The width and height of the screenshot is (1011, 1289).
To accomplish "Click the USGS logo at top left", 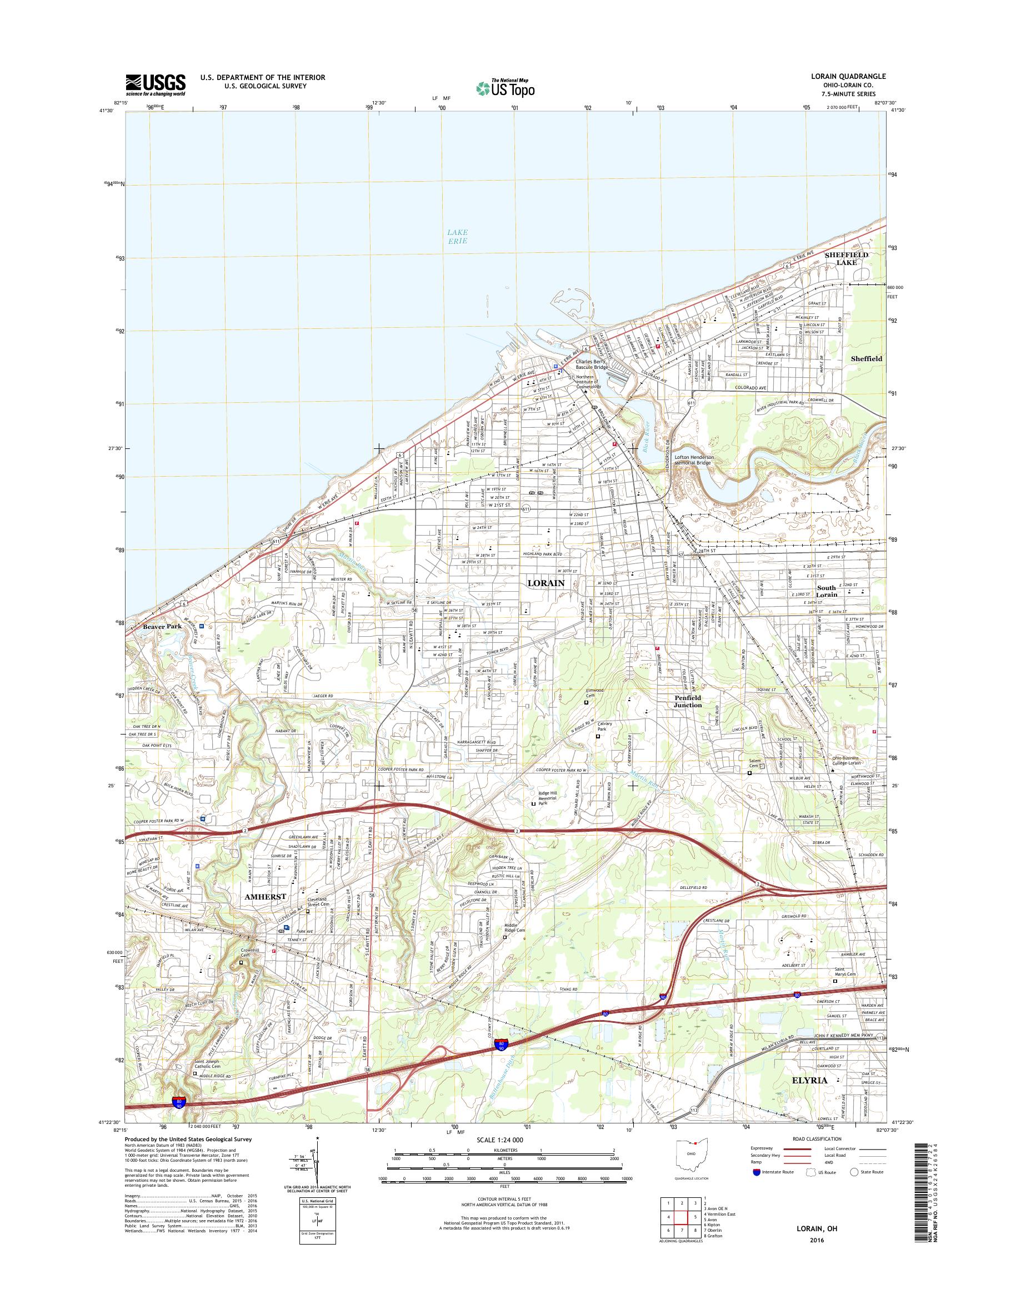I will pyautogui.click(x=155, y=84).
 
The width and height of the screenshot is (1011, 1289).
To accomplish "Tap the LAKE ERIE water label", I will pyautogui.click(x=457, y=237).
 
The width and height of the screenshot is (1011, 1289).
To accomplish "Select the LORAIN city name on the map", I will pyautogui.click(x=545, y=583).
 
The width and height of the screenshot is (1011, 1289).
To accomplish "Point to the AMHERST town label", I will pyautogui.click(x=265, y=913).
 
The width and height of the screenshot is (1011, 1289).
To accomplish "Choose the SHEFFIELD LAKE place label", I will pyautogui.click(x=847, y=258).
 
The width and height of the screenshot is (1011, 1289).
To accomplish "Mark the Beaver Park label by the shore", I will pyautogui.click(x=162, y=626).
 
